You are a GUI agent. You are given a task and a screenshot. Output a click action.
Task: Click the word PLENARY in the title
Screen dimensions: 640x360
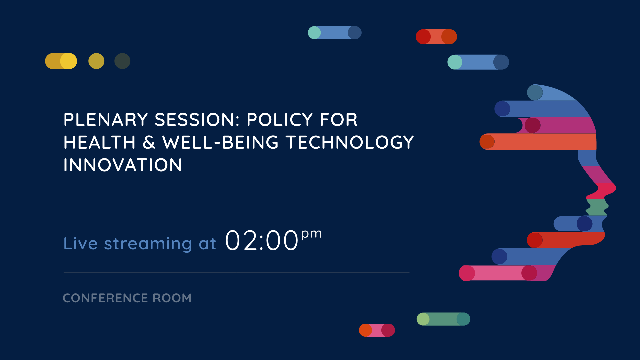coord(106,120)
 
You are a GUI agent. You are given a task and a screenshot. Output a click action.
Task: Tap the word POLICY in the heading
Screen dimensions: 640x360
coord(280,120)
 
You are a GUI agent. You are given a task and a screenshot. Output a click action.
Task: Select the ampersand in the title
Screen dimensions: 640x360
coord(149,142)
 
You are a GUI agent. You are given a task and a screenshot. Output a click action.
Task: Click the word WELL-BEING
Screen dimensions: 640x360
coord(220,142)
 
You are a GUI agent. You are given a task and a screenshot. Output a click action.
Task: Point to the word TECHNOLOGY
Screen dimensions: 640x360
coord(350,142)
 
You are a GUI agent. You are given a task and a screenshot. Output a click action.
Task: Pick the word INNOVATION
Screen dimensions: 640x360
coord(123,165)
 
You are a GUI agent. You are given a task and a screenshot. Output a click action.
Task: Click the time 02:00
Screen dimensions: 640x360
coord(262,240)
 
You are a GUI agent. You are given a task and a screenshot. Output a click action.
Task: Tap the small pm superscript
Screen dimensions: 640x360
coord(312,234)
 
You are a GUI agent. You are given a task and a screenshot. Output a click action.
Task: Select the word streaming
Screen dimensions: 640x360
coord(148,244)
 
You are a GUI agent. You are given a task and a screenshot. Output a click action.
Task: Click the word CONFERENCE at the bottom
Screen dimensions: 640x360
coord(105,298)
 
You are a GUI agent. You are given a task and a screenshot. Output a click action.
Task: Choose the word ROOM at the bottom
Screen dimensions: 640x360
coord(172,298)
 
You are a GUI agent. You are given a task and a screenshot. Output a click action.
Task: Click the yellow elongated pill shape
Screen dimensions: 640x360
coord(61,61)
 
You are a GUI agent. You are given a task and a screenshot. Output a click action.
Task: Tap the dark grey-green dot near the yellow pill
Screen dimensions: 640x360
coord(122,61)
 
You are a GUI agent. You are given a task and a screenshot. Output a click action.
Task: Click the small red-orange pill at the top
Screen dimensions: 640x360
coord(436,37)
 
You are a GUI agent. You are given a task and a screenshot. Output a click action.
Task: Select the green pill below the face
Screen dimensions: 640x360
coord(443,319)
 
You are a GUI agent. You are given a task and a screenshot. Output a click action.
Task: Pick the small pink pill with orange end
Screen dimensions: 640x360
coord(377,330)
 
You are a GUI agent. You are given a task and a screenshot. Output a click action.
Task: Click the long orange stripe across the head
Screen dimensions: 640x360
coord(538,142)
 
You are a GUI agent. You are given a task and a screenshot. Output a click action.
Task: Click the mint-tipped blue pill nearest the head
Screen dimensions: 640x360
coord(478,62)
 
